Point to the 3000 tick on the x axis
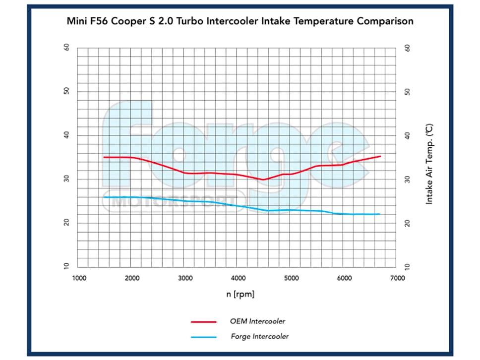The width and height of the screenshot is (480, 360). (x=185, y=278)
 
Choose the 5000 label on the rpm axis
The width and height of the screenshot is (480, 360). (x=291, y=278)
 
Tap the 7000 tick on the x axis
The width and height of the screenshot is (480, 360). (x=397, y=278)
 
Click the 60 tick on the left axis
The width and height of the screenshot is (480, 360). (x=66, y=48)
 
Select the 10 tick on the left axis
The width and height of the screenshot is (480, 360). (x=66, y=267)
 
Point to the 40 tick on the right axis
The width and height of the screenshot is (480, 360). (x=408, y=135)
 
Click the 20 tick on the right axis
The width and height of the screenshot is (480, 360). (x=408, y=223)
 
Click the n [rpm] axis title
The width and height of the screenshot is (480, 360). (x=240, y=295)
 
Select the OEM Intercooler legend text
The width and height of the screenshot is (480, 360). (x=258, y=321)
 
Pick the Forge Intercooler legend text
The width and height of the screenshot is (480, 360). (x=259, y=337)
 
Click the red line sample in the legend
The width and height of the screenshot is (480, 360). (x=204, y=322)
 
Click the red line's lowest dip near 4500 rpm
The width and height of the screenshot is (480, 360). (x=264, y=180)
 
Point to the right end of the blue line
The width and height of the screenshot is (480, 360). (x=379, y=214)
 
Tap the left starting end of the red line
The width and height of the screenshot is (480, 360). (x=104, y=157)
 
